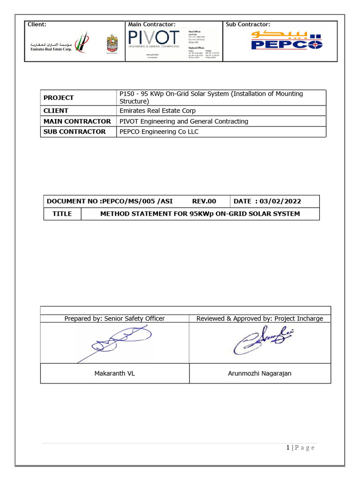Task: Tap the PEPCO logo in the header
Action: point(286,41)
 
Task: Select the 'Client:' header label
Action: point(37,24)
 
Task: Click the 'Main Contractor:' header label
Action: point(152,24)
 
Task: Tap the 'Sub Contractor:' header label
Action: point(248,24)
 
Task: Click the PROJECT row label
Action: point(59,97)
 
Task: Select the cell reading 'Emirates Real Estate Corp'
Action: point(157,111)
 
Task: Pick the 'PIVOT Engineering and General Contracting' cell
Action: point(184,121)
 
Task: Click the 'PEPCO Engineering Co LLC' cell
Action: point(159,132)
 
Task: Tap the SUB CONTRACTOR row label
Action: point(75,132)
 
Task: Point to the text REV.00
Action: point(204,201)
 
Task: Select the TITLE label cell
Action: point(62,214)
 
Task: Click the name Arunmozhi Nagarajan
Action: point(260,374)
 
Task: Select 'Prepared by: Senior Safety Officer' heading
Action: point(114,319)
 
